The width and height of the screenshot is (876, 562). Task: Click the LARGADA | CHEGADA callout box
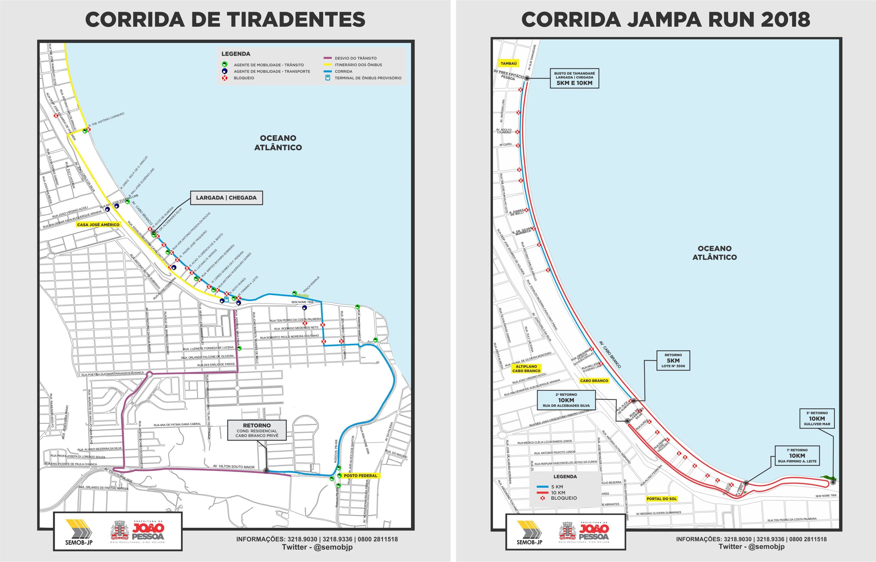(x=226, y=198)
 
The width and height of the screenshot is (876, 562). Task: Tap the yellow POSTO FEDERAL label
(x=360, y=475)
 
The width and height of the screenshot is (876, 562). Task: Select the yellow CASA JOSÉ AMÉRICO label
(x=98, y=224)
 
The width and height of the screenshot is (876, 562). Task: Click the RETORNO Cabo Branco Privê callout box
(x=257, y=430)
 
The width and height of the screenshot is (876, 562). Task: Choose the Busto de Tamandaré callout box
(x=574, y=78)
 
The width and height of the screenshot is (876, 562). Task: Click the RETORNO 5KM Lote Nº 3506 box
(x=673, y=361)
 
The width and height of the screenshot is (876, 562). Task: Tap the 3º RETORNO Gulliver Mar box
(x=817, y=419)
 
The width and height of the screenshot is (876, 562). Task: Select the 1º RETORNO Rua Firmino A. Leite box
(x=797, y=456)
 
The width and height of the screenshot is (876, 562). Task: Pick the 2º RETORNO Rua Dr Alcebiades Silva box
(x=566, y=400)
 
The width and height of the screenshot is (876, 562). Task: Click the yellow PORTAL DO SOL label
(x=662, y=499)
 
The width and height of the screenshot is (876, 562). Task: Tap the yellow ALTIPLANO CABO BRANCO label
(x=526, y=369)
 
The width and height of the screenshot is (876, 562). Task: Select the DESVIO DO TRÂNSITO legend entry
(x=355, y=58)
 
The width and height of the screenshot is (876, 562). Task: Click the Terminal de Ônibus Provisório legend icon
(x=328, y=78)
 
